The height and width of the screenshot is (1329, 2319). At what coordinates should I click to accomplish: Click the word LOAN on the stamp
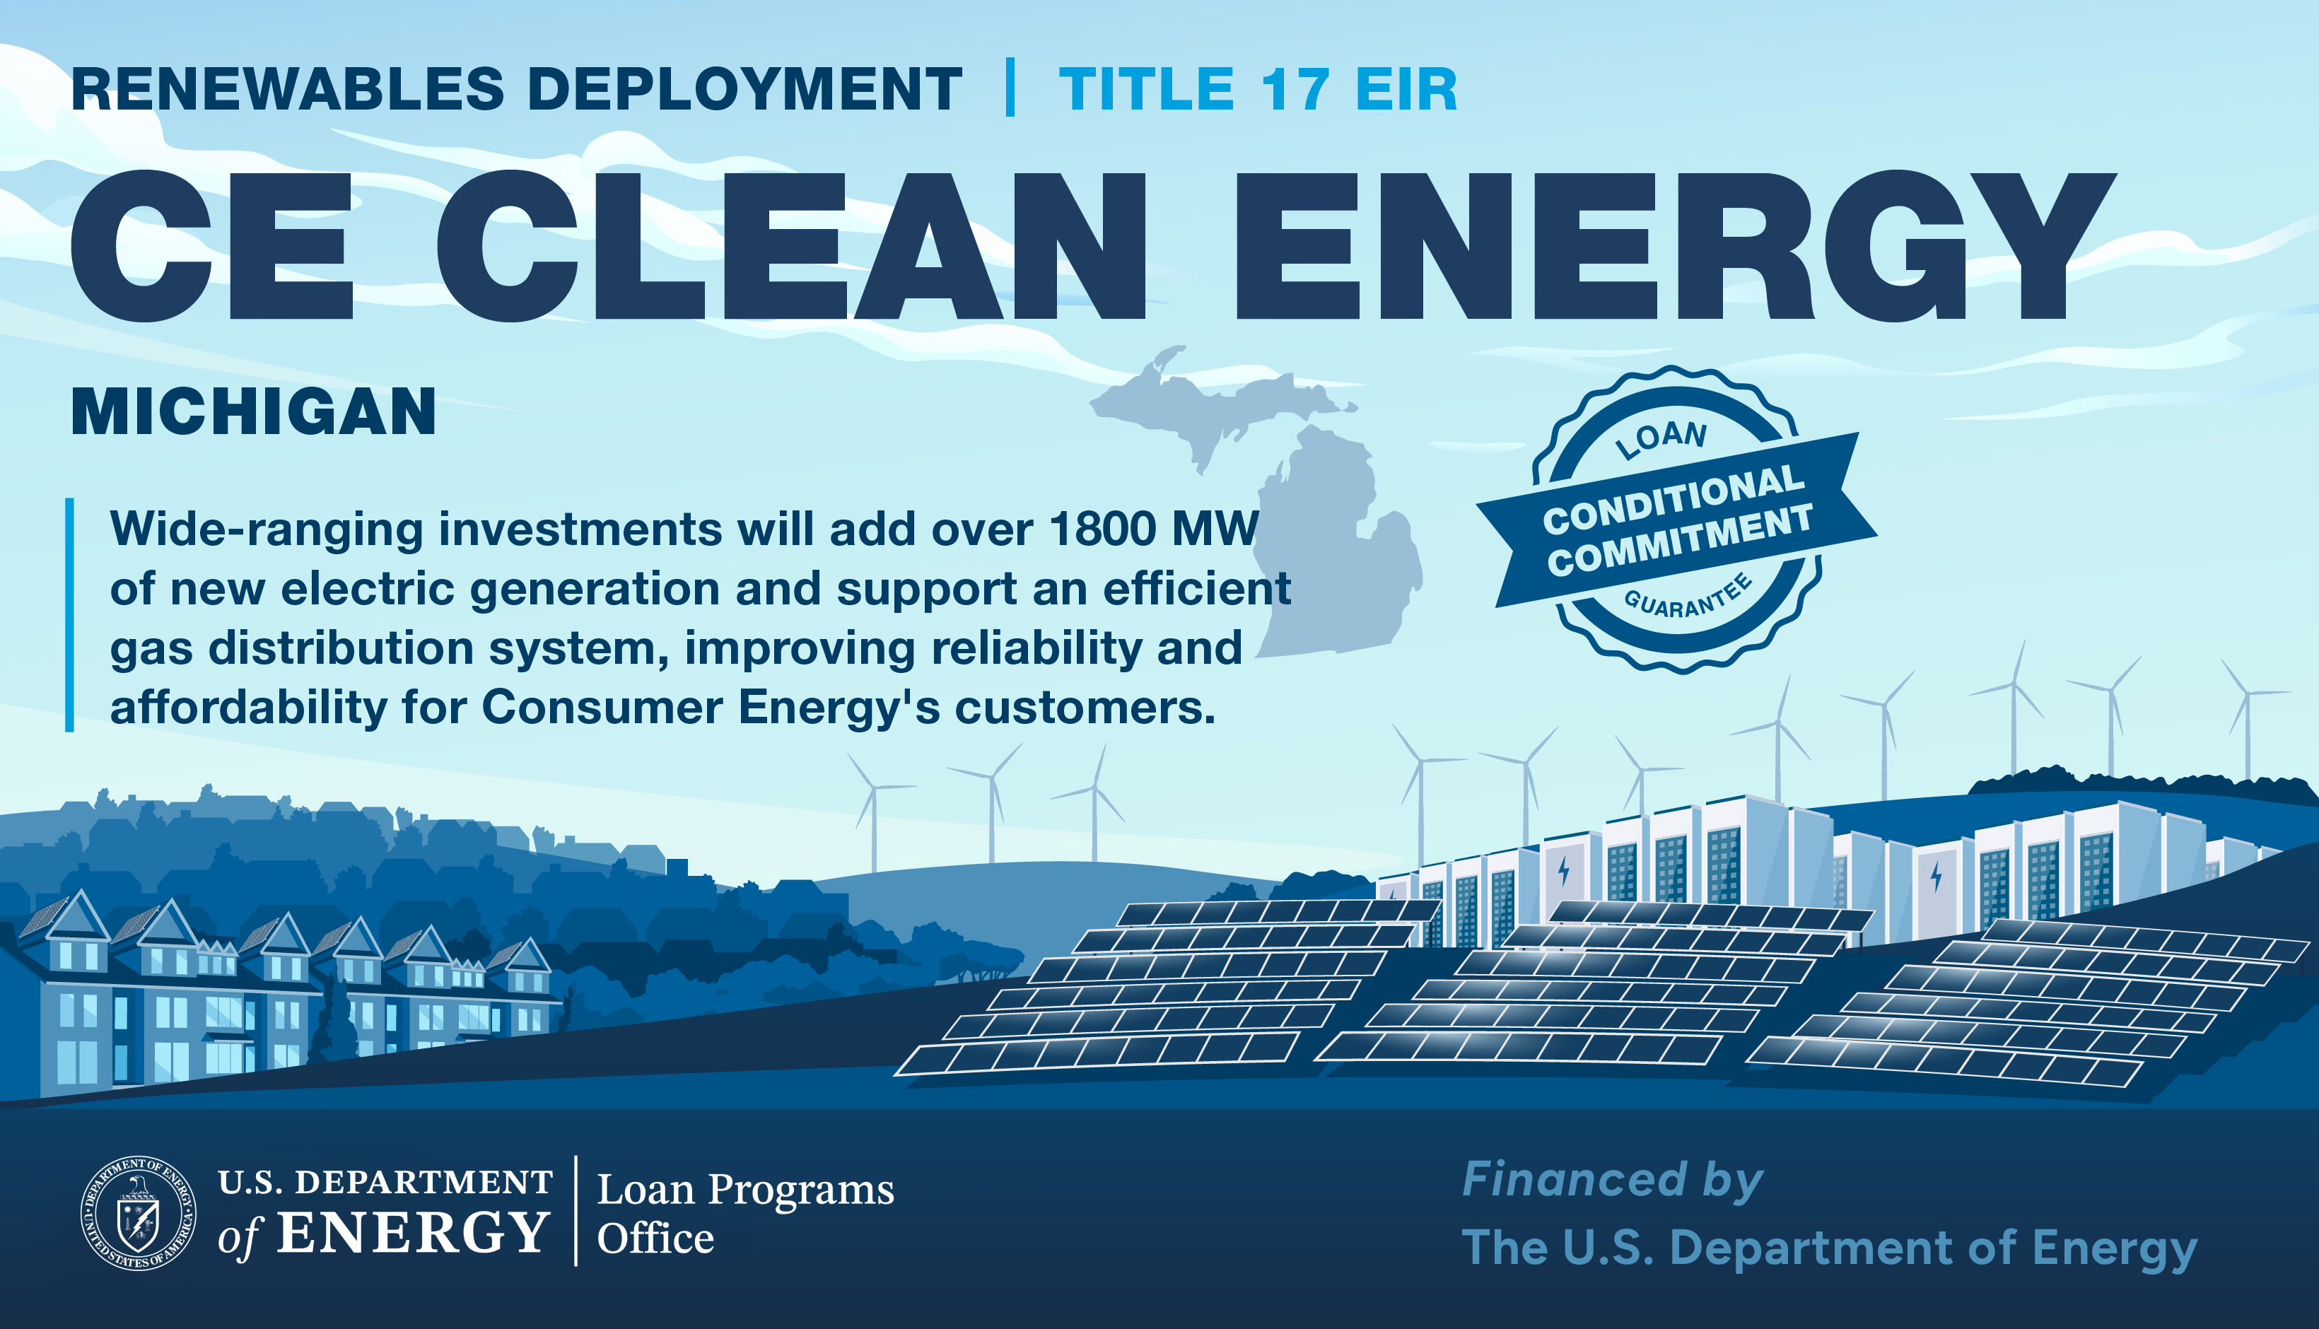pos(1661,439)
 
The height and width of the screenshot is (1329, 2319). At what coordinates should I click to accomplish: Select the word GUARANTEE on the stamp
pos(1688,598)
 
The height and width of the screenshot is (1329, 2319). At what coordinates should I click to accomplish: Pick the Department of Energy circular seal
pos(138,1213)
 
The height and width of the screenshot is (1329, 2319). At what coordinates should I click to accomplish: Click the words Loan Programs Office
pos(744,1213)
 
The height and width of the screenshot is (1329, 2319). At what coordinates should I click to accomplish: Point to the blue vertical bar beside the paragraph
pos(69,614)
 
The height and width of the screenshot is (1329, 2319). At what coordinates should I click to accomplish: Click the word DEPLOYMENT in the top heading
pos(744,90)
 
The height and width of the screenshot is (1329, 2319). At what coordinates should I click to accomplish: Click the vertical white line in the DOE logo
pos(576,1210)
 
